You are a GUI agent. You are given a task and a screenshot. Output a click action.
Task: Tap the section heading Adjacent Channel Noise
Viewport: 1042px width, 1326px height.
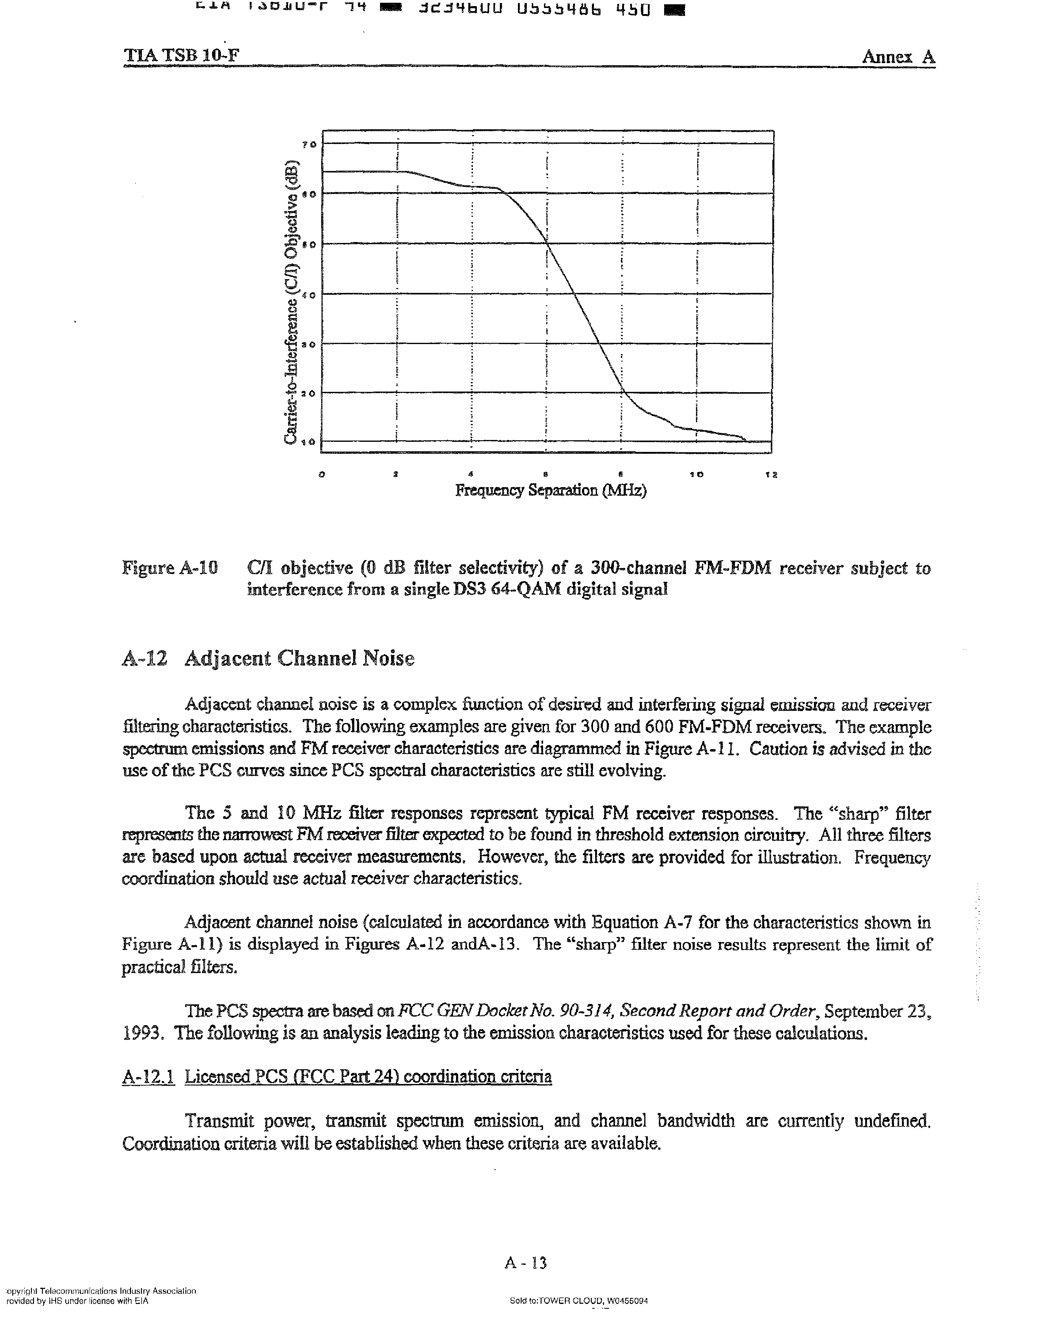(x=299, y=659)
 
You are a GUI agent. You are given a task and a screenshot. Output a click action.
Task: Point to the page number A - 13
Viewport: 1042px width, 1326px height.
(x=526, y=1263)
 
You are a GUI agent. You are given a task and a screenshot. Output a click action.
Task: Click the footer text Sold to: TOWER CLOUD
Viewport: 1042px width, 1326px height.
(x=578, y=1301)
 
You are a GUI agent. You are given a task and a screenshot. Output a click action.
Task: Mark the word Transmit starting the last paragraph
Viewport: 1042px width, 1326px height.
(x=219, y=1121)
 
